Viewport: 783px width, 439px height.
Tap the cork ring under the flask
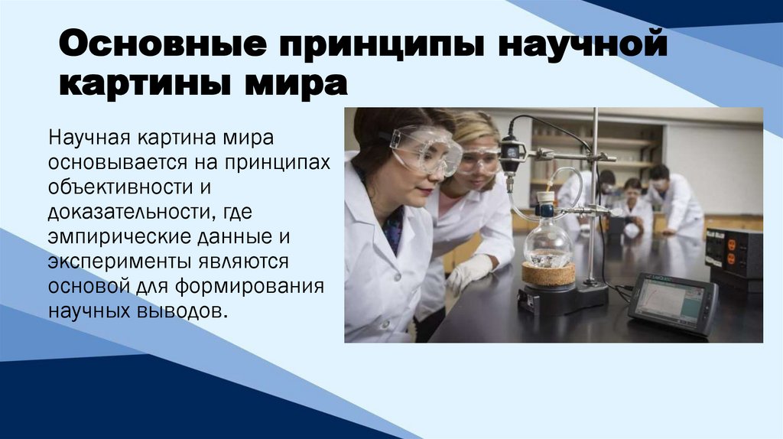pyautogui.click(x=547, y=274)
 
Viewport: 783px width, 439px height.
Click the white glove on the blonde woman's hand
pyautogui.click(x=468, y=272)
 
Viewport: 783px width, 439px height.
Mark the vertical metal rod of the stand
pyautogui.click(x=594, y=199)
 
